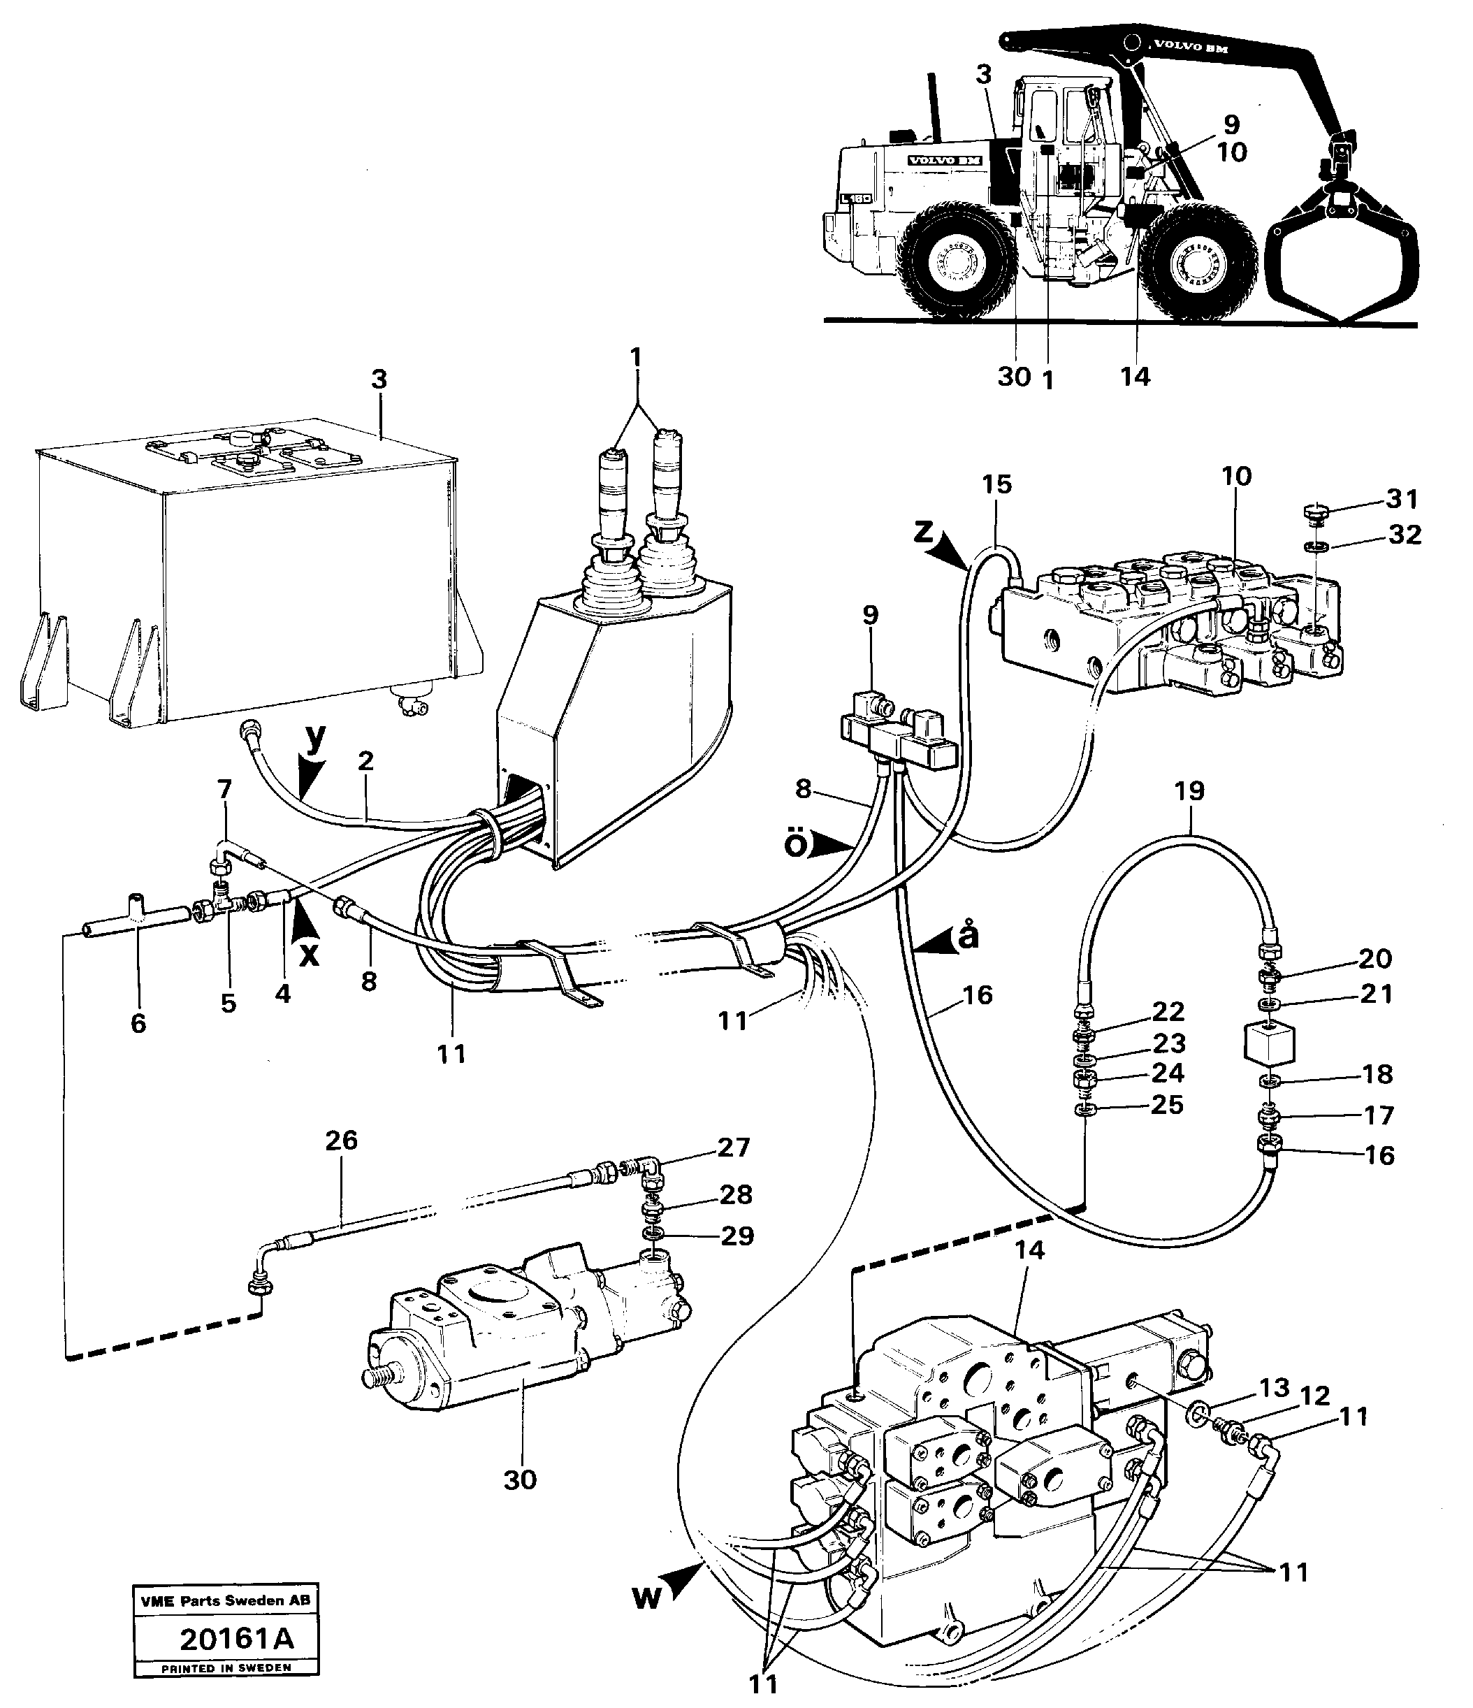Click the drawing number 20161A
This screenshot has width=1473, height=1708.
click(x=237, y=1638)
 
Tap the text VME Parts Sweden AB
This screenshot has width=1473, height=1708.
click(x=225, y=1601)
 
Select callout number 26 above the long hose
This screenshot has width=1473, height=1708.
click(x=341, y=1141)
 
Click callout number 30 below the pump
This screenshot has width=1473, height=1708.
click(x=520, y=1479)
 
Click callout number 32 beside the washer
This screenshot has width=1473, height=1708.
click(x=1405, y=535)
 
